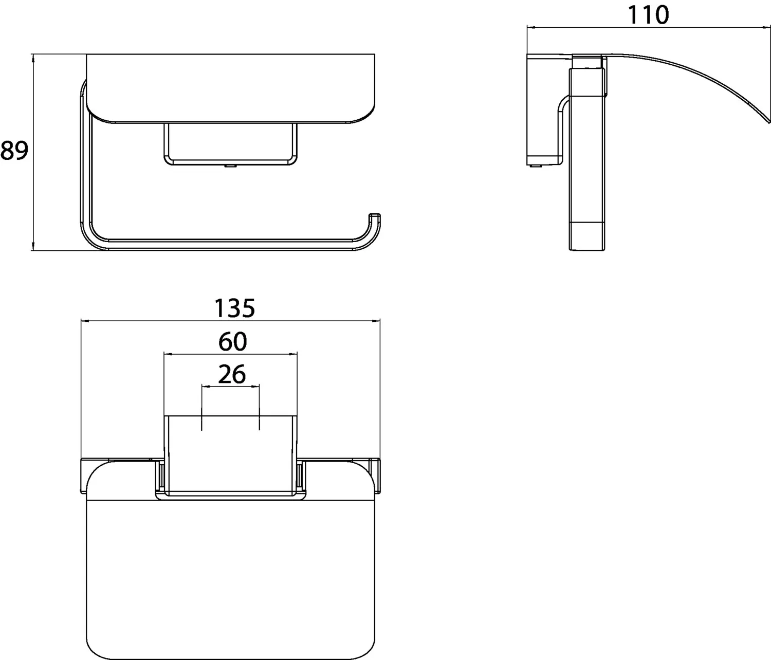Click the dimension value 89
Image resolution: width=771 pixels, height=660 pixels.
14,151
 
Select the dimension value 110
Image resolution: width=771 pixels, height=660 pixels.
648,15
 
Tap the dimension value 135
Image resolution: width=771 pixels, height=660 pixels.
234,308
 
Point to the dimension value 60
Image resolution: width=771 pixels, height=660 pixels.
232,342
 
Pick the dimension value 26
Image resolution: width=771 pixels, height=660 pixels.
232,374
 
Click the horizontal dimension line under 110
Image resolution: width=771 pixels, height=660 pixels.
648,28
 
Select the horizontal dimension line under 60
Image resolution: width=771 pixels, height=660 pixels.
230,354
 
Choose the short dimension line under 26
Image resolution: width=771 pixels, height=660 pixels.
231,386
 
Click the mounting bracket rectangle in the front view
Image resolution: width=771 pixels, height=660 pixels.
230,144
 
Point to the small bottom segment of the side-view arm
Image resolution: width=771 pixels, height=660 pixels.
588,236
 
